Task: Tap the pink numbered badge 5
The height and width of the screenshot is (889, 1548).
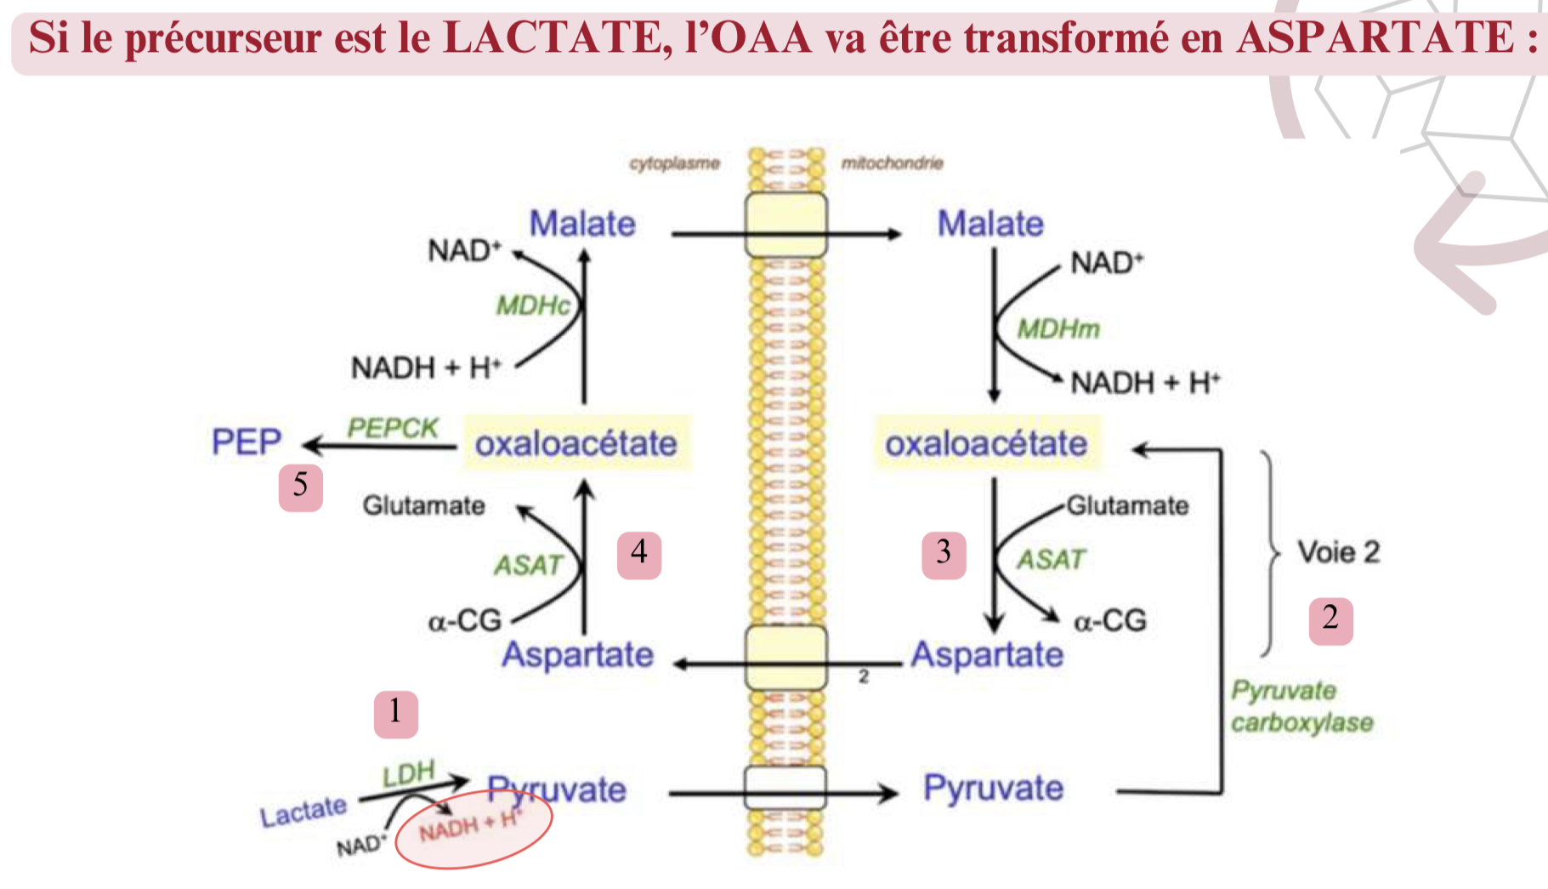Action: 300,487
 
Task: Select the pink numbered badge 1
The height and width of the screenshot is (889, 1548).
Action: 395,713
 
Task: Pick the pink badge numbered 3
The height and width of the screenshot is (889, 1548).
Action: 944,555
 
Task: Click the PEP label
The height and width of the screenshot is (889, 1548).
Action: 246,442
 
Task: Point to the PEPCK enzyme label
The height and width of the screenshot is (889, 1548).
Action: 392,428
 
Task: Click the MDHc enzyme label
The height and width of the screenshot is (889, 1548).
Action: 533,305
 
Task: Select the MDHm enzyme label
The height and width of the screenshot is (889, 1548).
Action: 1058,328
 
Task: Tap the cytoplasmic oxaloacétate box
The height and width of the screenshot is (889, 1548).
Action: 576,443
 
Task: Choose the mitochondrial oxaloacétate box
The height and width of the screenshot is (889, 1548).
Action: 987,443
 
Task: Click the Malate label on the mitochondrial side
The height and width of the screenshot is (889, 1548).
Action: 990,224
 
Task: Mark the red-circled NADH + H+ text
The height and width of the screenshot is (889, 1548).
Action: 469,824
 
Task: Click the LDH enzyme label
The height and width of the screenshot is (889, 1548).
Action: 408,773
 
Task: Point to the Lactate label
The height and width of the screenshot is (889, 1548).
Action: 303,812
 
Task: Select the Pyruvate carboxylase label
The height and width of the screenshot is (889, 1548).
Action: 1301,706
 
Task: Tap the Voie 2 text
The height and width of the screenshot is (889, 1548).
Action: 1338,552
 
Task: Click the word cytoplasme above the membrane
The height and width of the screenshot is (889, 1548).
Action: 674,162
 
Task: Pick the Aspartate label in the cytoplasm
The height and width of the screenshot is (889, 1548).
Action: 578,654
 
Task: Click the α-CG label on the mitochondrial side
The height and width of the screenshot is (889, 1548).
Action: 1109,621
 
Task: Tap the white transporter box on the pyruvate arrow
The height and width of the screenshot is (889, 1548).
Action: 785,788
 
